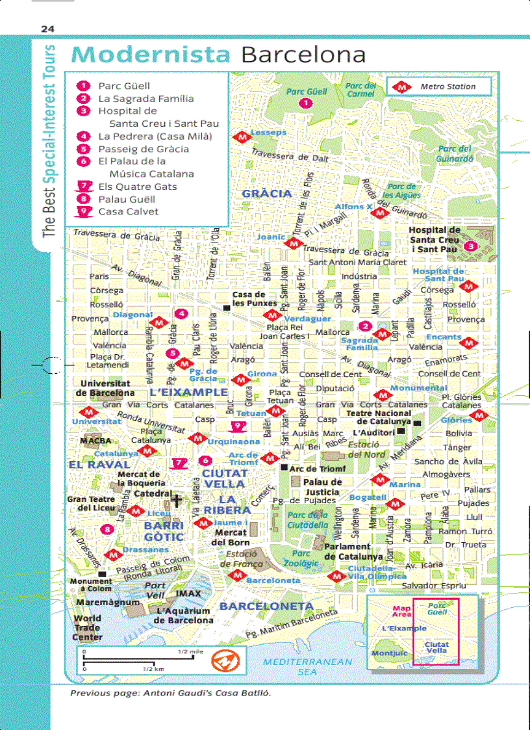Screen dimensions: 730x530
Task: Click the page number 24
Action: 47,28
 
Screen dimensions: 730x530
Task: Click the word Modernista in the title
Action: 151,54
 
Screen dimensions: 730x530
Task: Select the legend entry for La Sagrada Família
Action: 145,99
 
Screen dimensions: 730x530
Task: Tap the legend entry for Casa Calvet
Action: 128,211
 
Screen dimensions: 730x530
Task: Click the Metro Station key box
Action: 439,86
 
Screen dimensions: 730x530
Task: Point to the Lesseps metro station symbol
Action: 243,137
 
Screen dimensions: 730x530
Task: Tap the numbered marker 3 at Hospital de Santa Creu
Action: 471,246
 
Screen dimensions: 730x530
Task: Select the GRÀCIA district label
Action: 266,194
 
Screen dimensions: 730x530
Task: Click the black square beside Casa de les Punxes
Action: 225,307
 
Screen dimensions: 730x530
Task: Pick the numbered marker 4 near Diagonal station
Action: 182,314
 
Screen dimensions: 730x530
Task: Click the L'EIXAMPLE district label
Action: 188,393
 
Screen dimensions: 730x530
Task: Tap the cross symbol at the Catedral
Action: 176,500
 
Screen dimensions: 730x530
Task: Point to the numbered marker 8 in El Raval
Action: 107,529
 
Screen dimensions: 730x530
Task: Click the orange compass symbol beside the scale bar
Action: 225,661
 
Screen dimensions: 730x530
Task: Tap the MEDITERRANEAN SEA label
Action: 307,666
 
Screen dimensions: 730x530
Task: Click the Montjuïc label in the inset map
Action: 389,653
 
